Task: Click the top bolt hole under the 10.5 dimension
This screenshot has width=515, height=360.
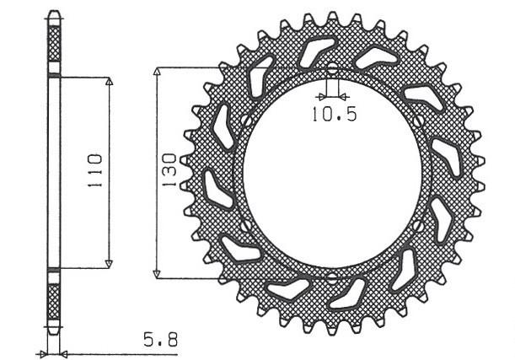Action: (x=331, y=69)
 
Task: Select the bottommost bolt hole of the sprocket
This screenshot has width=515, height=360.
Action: (x=331, y=276)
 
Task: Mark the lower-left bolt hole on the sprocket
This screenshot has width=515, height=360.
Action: (x=245, y=225)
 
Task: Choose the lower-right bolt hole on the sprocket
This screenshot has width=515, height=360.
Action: (x=419, y=225)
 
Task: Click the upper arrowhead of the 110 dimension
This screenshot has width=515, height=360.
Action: (x=109, y=81)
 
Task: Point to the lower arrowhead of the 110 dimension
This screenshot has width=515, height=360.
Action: (x=109, y=264)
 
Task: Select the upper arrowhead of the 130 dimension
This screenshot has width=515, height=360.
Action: (x=156, y=71)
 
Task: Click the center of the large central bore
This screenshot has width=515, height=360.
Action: (x=332, y=173)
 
